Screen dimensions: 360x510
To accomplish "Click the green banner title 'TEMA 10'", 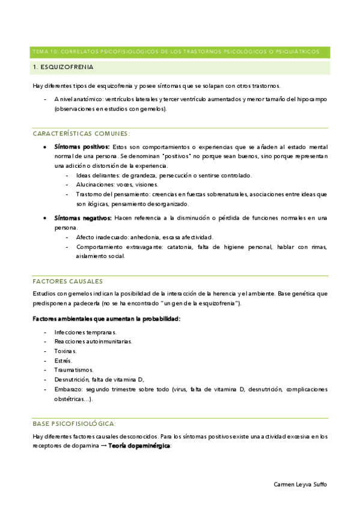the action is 45,52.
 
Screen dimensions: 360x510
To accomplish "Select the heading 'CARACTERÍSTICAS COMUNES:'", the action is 81,134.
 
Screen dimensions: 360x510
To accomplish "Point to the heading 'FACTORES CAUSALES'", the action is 67,281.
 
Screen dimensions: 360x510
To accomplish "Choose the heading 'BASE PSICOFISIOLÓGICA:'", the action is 75,423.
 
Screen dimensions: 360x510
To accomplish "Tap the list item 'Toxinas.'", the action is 66,351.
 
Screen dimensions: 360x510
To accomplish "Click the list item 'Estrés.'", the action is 63,360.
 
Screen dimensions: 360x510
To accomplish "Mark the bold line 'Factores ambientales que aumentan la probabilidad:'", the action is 106,318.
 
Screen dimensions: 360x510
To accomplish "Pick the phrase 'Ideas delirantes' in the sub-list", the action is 98,175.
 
